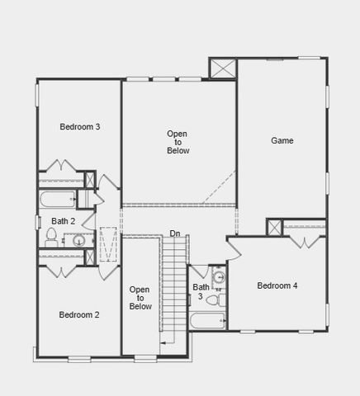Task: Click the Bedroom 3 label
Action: [x=80, y=126]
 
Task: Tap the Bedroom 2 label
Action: [x=80, y=314]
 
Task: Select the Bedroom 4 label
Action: [x=277, y=285]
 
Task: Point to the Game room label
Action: [x=282, y=140]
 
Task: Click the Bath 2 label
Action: [x=63, y=221]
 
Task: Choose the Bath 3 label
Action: [x=201, y=291]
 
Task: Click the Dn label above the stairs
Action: [x=175, y=233]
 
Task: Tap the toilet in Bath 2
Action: [x=51, y=238]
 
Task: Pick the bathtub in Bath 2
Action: [x=56, y=199]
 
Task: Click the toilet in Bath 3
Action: [x=212, y=299]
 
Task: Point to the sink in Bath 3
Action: [x=219, y=277]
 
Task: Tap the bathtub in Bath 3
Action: [x=206, y=321]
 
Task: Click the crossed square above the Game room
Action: [x=223, y=68]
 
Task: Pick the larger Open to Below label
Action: [x=178, y=142]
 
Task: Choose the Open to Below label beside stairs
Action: [x=140, y=298]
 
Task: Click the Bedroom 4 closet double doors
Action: [x=306, y=240]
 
